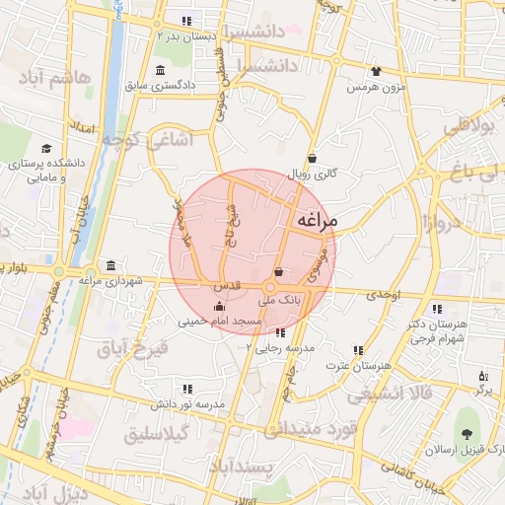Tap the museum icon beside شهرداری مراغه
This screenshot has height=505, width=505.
tap(109, 266)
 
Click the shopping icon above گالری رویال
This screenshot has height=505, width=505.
tap(312, 158)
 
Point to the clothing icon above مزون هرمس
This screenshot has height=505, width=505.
tap(375, 71)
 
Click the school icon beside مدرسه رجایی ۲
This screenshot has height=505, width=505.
tap(281, 333)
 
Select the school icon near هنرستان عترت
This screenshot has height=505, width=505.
tap(358, 350)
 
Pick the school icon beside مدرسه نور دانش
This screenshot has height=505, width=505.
tap(187, 389)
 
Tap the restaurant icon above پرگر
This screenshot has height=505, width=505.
tap(482, 376)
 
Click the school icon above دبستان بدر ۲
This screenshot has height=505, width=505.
tap(186, 21)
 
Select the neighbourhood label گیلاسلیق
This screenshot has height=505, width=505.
tap(161, 435)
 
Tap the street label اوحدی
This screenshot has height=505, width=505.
tap(384, 295)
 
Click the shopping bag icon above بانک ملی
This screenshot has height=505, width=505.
tap(278, 272)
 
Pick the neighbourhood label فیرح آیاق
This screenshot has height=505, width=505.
tap(132, 348)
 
